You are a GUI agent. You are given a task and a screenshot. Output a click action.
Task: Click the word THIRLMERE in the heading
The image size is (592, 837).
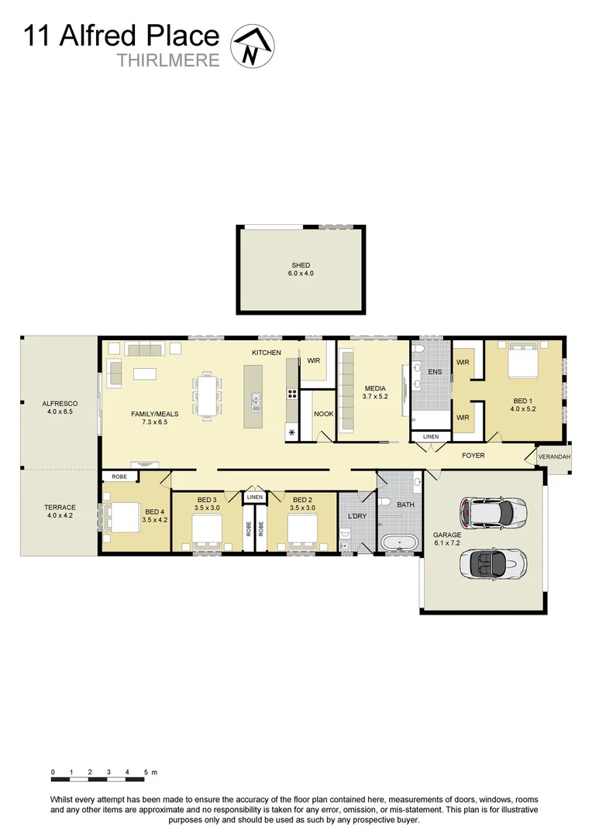coord(168,60)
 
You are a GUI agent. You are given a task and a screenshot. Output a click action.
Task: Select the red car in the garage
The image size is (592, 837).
coord(494,511)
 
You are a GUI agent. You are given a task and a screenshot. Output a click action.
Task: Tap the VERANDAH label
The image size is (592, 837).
coord(554,457)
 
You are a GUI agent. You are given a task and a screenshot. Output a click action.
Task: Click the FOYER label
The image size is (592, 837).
coord(473,456)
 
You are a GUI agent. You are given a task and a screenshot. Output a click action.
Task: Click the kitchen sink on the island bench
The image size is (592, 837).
coord(255,401)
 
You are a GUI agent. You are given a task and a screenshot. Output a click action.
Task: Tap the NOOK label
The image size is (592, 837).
coord(323,414)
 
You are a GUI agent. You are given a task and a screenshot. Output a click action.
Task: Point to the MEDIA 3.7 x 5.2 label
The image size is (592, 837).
coord(375,392)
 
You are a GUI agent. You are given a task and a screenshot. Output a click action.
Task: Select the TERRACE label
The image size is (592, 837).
coord(60,511)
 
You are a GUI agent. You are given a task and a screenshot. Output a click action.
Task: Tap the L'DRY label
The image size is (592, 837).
coord(356,516)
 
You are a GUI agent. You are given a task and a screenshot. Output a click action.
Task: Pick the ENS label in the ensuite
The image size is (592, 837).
coord(435,372)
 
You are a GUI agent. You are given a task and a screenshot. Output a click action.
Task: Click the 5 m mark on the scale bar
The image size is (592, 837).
coord(146,773)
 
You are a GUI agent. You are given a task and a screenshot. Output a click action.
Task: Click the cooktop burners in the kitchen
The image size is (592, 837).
coord(292,393)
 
